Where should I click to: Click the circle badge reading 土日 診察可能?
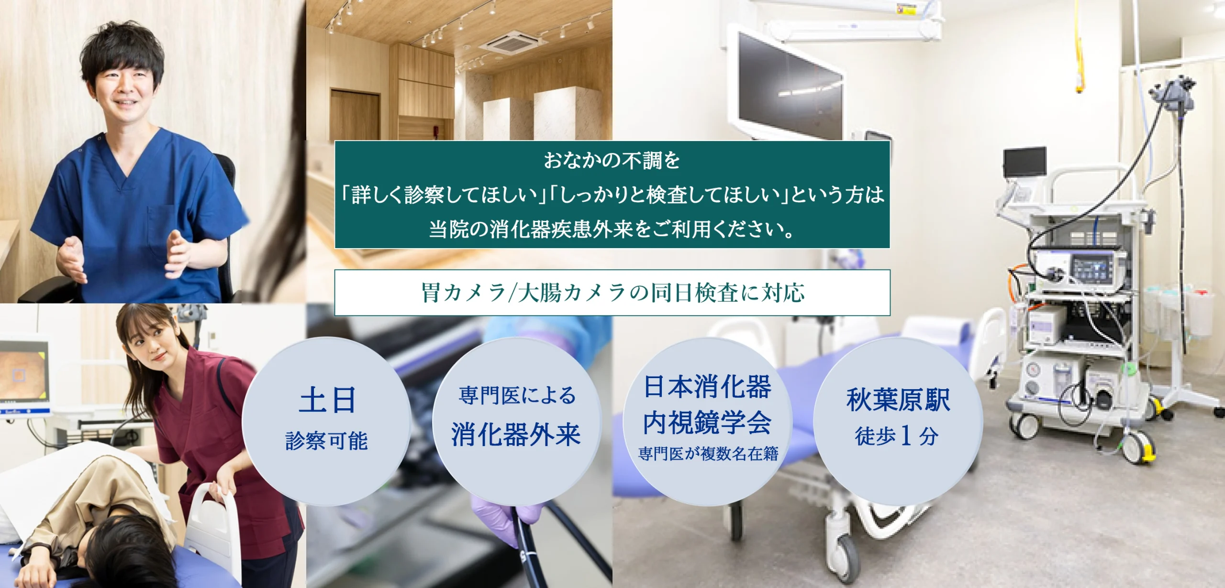coord(327,421)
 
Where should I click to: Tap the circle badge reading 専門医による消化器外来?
coord(517,421)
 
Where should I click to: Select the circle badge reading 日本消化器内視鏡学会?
coord(707,421)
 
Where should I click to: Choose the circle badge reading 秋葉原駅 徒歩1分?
coord(898,421)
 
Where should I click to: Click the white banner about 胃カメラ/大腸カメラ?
coord(612,293)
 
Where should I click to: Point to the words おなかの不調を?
coord(612,161)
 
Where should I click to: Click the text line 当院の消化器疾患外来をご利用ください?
coord(612,229)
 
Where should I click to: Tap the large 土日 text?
coord(327,400)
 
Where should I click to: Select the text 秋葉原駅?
coord(898,400)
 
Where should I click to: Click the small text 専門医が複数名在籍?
coord(708,454)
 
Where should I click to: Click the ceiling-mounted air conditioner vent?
coord(513,42)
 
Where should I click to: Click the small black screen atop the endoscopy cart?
coord(1024,162)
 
